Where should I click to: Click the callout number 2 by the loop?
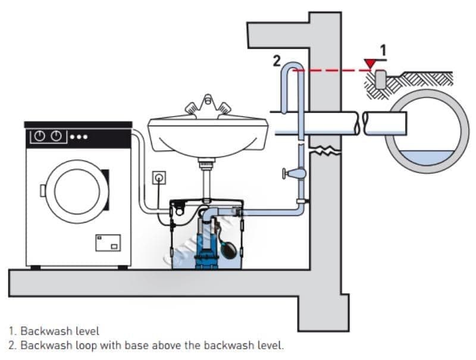(276, 60)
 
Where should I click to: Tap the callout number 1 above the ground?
(383, 51)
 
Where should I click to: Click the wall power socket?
(158, 177)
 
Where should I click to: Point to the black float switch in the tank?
(230, 245)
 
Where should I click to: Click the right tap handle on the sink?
(226, 108)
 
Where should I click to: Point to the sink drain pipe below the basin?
(206, 179)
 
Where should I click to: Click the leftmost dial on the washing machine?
(39, 136)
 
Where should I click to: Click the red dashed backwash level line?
(333, 70)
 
